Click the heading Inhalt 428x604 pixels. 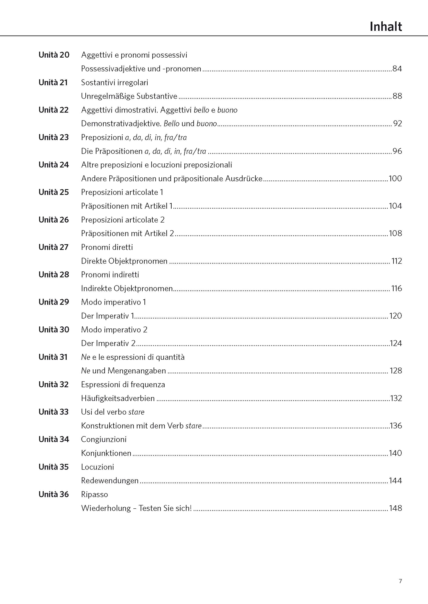386,27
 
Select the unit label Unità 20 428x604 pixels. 54,55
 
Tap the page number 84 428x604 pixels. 397,69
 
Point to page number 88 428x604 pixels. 397,96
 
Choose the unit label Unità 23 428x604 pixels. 54,137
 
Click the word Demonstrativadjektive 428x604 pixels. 121,124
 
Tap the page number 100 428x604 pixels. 395,179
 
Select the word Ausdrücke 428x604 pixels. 244,179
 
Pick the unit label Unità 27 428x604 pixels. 54,247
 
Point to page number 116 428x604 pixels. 396,288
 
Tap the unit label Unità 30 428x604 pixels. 54,330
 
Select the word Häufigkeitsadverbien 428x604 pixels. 118,398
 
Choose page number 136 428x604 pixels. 396,425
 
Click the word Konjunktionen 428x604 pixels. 106,453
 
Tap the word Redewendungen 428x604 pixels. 110,480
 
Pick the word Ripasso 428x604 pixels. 95,494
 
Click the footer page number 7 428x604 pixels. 400,581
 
